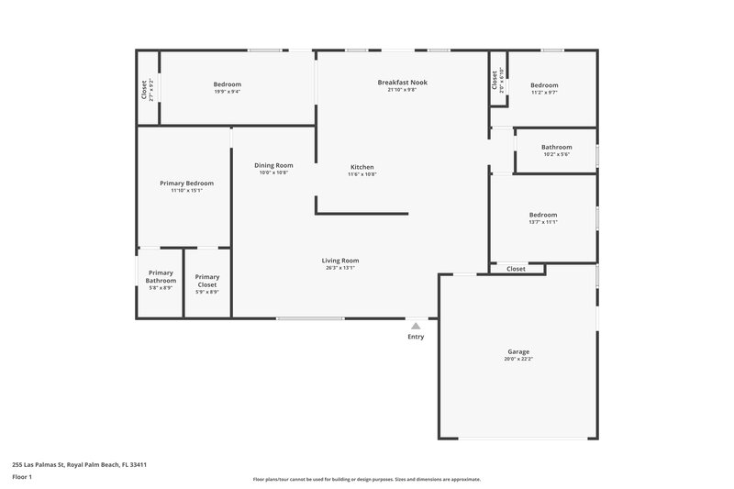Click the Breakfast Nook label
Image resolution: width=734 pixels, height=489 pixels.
(x=402, y=83)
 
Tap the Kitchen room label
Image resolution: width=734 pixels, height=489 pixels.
(x=362, y=167)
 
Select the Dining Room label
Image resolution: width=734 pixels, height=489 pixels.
(x=273, y=165)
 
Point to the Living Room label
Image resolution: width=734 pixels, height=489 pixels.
(x=339, y=261)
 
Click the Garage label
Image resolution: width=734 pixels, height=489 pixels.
(x=518, y=351)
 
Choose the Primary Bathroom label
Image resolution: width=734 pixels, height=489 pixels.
(x=161, y=276)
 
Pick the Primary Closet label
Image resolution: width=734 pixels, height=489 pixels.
(x=207, y=280)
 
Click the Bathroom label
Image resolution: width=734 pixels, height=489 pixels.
(x=556, y=147)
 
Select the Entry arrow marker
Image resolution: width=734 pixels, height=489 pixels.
(x=416, y=326)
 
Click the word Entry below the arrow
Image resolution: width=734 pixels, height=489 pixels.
(x=416, y=337)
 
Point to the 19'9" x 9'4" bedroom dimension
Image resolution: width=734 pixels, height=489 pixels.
(x=228, y=92)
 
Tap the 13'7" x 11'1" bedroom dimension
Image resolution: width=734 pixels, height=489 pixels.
(x=543, y=222)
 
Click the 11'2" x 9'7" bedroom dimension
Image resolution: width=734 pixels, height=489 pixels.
(x=543, y=92)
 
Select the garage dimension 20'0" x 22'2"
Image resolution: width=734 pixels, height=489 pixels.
(x=518, y=359)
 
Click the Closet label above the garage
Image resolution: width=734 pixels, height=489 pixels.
(x=517, y=269)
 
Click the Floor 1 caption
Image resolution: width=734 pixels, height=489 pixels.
(x=22, y=477)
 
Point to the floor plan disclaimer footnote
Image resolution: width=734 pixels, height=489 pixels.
(x=366, y=479)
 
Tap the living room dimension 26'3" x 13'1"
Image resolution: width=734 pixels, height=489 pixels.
(x=339, y=268)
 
